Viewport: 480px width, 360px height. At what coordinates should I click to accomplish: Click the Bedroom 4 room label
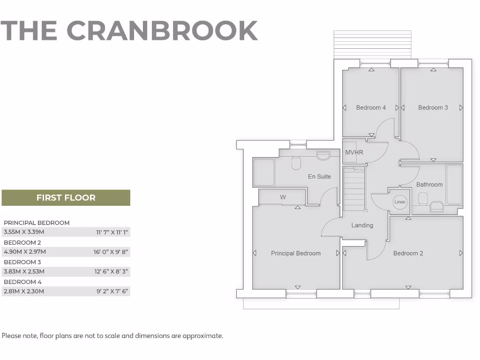pos(371,108)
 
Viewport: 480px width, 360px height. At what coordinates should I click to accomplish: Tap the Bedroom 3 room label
pos(433,108)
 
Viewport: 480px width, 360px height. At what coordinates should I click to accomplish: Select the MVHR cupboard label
pos(354,152)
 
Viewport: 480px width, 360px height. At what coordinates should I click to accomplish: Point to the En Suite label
pos(319,177)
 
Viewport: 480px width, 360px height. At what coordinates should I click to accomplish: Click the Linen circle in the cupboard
pos(399,202)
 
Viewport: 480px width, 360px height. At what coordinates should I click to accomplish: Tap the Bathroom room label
pos(429,185)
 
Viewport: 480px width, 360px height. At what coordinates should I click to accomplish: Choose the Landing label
pos(362,225)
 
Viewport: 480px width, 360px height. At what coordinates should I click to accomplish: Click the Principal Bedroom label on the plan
pos(296,254)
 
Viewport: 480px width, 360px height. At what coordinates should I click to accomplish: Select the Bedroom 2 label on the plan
pos(408,254)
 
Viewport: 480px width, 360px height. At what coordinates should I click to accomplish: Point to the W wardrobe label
pos(283,197)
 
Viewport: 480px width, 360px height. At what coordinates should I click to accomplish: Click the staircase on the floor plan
pos(354,189)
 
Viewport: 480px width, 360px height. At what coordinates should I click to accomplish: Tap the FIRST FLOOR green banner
pos(66,198)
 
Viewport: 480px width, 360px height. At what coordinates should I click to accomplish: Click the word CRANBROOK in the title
pos(162,30)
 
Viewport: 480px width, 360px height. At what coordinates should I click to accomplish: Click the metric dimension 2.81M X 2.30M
pos(24,291)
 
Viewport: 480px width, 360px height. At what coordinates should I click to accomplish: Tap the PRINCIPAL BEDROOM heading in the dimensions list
pos(37,223)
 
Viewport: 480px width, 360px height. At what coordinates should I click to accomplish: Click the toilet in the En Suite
pos(296,163)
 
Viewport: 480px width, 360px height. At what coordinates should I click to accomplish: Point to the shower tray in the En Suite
pos(263,172)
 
